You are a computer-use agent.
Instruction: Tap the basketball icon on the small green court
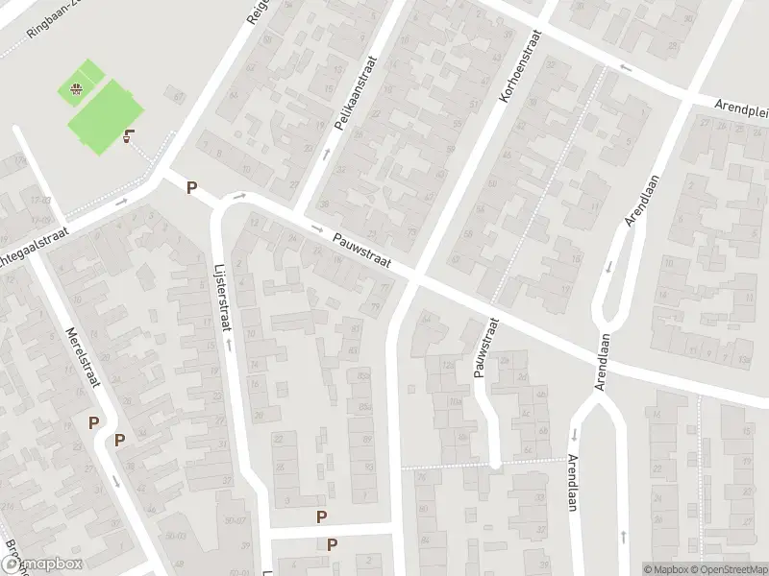[75, 91]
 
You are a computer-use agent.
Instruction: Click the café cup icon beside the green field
[129, 137]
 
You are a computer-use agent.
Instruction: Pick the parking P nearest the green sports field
[192, 188]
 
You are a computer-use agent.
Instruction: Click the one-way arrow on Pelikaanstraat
[326, 153]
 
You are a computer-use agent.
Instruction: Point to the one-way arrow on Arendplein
[626, 67]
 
